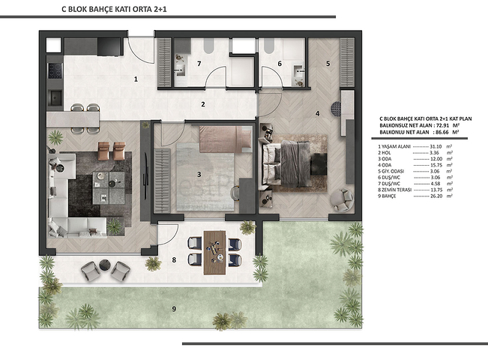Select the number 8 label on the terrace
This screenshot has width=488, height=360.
[174, 260]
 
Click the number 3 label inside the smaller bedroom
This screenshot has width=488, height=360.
[199, 175]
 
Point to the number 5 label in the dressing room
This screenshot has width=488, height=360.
[328, 64]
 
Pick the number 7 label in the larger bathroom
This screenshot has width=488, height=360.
[279, 64]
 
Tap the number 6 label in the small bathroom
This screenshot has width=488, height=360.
[199, 64]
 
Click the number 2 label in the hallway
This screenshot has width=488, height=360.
[202, 104]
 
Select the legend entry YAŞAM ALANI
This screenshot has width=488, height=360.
[397, 145]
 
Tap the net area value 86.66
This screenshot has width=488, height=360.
[442, 132]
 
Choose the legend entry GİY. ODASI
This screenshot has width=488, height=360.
[397, 172]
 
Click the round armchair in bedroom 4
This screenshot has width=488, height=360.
[343, 199]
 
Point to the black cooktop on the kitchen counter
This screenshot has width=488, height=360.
[53, 73]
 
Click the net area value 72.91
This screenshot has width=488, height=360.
[442, 125]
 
